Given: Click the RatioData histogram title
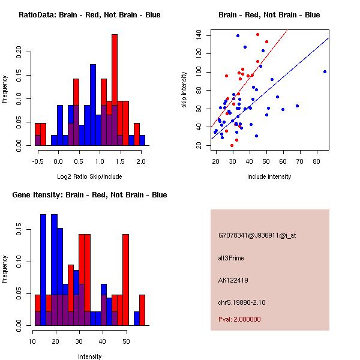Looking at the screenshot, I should click(x=89, y=15).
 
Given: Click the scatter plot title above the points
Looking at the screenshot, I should click(x=269, y=15).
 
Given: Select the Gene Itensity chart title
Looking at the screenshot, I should click(x=89, y=195).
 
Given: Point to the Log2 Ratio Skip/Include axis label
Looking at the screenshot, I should click(x=90, y=176).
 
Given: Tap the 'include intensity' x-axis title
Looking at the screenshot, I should click(x=269, y=176).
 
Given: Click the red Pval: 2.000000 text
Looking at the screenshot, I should click(x=239, y=319).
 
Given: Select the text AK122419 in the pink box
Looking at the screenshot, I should click(x=231, y=280).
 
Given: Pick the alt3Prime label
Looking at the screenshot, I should click(x=231, y=258).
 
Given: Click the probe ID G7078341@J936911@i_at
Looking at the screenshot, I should click(x=257, y=235).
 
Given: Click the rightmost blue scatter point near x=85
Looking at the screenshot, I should click(x=325, y=71).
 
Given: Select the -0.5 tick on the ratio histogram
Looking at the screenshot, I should click(x=37, y=161).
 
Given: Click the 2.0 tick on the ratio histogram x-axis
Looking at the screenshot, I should click(x=140, y=161).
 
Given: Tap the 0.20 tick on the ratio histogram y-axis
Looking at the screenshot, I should click(x=21, y=52).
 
